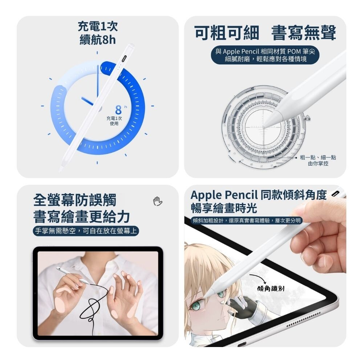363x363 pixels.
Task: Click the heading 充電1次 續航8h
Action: (97, 33)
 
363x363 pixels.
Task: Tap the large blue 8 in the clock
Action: (118, 110)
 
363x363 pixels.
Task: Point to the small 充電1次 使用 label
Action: (114, 121)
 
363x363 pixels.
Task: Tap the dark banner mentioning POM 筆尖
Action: (265, 55)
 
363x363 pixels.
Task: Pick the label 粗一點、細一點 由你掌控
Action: (318, 160)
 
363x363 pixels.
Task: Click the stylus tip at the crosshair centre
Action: (264, 127)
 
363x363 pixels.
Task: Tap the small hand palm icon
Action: (158, 201)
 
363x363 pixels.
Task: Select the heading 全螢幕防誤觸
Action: (74, 200)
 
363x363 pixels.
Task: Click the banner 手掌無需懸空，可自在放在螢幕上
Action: (86, 231)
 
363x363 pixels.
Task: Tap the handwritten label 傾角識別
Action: (271, 289)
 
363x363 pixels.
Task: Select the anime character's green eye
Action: (196, 307)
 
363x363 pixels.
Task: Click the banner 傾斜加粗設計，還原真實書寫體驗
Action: (247, 220)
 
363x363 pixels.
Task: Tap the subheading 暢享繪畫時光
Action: (224, 208)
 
